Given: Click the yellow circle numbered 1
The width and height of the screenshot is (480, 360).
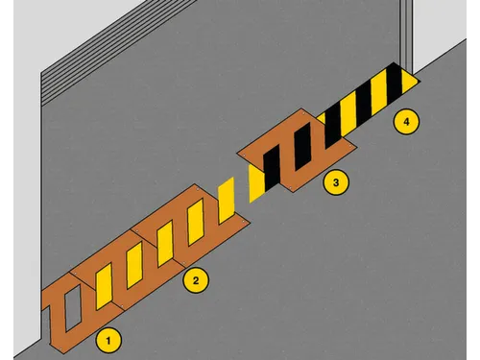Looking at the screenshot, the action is [108, 341].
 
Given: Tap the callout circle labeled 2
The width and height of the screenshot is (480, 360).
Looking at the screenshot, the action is [196, 280].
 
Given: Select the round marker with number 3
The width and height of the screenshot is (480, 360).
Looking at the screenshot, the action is [336, 182].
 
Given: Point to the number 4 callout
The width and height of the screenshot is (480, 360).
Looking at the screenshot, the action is [406, 122].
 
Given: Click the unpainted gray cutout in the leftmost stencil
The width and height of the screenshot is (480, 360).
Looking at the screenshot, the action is [73, 308].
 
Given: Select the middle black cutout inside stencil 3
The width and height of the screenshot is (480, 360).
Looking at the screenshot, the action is [302, 146].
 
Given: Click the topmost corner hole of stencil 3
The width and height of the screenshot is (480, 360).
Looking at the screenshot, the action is [302, 112].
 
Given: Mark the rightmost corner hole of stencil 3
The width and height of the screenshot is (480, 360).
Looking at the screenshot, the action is [350, 146].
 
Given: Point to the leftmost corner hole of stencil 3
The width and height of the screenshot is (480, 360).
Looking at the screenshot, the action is [244, 155].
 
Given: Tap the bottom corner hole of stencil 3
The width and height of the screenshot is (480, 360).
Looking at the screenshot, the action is [290, 186].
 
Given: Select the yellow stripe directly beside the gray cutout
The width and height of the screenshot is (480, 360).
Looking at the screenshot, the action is [104, 286].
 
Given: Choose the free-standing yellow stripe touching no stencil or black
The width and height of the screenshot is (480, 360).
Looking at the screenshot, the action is [227, 201].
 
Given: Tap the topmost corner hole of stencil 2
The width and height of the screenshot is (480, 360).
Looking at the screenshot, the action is [198, 189].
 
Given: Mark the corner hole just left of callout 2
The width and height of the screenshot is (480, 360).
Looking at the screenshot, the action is [183, 263].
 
